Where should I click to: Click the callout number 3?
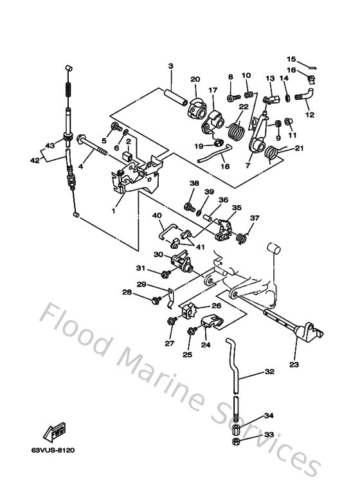tap(171, 66)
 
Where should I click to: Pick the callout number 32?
tap(269, 372)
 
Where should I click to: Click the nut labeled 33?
tap(236, 442)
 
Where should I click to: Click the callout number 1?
tap(114, 210)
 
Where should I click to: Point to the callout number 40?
tap(156, 217)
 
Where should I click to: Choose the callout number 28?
tap(127, 292)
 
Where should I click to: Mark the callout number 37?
tap(255, 218)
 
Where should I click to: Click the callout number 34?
tap(269, 415)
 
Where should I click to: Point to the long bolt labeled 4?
tap(93, 152)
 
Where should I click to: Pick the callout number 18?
tap(225, 166)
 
